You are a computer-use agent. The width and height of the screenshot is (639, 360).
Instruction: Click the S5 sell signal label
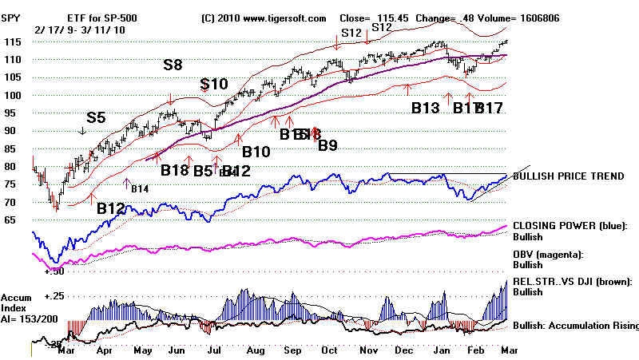[x=96, y=117]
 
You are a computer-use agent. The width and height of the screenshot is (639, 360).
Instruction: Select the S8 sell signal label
[x=173, y=65]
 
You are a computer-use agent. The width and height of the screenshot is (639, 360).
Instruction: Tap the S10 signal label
[x=214, y=85]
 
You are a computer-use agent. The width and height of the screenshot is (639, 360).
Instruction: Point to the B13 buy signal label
[x=425, y=107]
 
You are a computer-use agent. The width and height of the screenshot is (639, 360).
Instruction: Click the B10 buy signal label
[x=256, y=152]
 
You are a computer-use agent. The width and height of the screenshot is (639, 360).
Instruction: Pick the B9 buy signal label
[x=327, y=145]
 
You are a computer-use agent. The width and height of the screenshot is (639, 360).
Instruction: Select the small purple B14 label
[x=140, y=188]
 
